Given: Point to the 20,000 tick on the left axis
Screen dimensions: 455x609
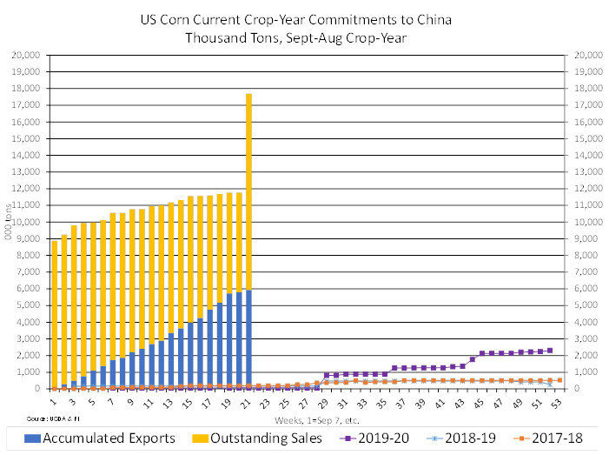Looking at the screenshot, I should pyautogui.click(x=30, y=54).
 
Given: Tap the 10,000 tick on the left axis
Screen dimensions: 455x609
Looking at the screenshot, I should pyautogui.click(x=30, y=221).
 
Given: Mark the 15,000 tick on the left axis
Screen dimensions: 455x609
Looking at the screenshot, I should pyautogui.click(x=30, y=137).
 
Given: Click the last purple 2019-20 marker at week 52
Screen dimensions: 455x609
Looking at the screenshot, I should pyautogui.click(x=551, y=350).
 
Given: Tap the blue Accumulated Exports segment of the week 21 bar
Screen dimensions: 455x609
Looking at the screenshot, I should pyautogui.click(x=249, y=339).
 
